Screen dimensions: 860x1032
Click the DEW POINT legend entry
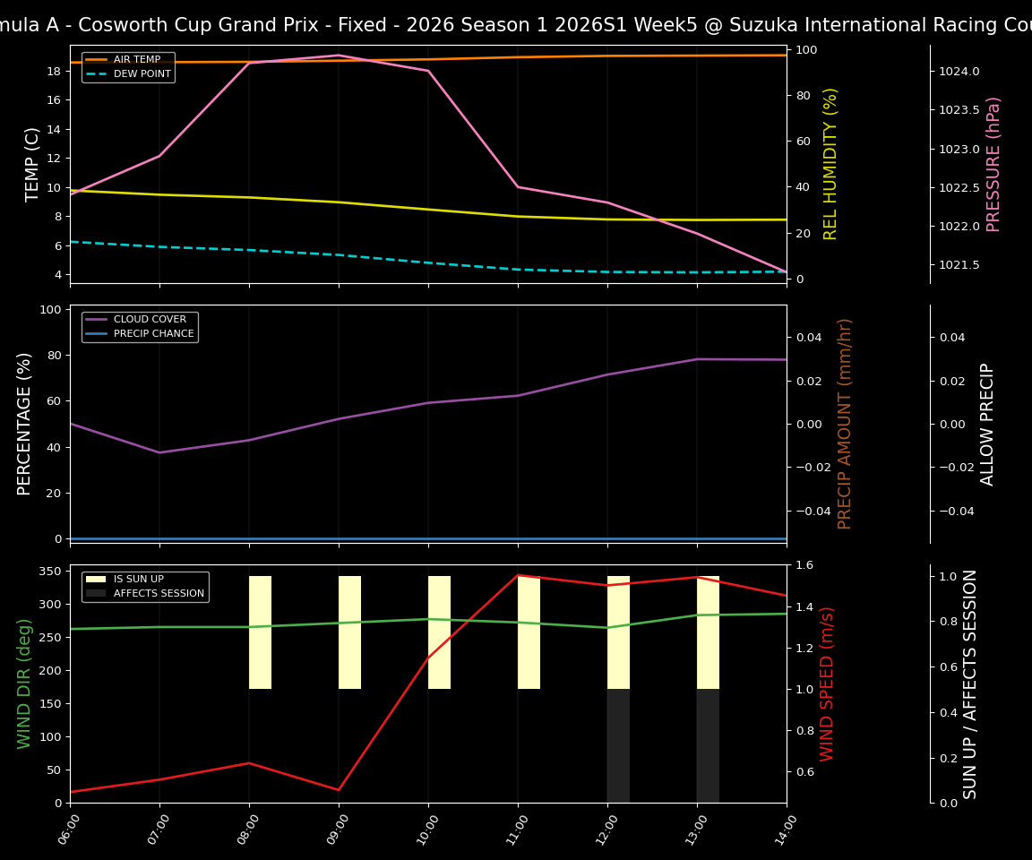tap(142, 73)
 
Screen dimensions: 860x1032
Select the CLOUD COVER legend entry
tap(150, 320)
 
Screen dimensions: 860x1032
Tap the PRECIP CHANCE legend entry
tap(153, 333)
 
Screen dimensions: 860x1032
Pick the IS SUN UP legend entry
tap(138, 580)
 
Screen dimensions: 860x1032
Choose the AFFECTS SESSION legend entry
tap(159, 593)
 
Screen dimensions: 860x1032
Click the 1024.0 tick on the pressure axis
tap(959, 71)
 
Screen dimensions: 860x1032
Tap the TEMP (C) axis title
tap(32, 164)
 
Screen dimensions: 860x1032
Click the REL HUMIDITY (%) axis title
tap(830, 164)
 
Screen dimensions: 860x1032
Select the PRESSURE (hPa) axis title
tap(993, 164)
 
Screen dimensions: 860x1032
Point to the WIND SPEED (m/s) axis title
tap(827, 684)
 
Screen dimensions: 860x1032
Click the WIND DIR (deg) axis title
tap(24, 684)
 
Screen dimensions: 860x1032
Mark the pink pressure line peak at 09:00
tap(339, 56)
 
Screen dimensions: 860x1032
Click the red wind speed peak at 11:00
tap(518, 575)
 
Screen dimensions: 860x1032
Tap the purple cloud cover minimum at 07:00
tap(159, 452)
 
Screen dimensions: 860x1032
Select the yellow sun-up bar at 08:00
tap(260, 632)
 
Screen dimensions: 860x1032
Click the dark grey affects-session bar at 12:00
tap(618, 745)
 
